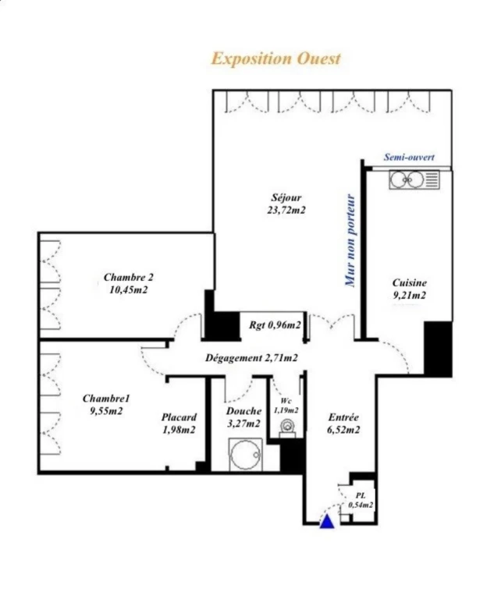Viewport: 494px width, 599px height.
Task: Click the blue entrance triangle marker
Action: (x=327, y=522)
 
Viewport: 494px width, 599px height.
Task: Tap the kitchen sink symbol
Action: (x=414, y=179)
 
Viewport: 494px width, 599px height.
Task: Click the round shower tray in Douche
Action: (x=245, y=454)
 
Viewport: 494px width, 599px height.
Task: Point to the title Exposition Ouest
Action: (x=275, y=58)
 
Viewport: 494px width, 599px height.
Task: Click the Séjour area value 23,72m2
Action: (x=286, y=210)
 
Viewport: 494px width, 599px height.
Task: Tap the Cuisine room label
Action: (x=409, y=282)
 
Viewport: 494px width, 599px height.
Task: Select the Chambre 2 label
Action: (x=129, y=277)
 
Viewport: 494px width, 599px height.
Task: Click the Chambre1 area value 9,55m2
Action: (x=106, y=411)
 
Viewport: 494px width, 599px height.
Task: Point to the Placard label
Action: (x=179, y=417)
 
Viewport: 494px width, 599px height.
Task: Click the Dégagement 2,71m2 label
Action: (x=251, y=358)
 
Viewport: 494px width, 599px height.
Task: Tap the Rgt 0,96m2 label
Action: (x=275, y=325)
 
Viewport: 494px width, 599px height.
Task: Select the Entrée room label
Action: (x=343, y=417)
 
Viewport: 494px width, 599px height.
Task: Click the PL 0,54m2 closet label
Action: (x=361, y=500)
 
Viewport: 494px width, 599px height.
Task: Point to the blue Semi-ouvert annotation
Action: (x=409, y=157)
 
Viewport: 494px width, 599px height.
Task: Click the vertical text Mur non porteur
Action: (x=350, y=240)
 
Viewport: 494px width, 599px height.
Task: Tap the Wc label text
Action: (x=286, y=401)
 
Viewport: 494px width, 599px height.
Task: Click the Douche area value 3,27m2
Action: (x=244, y=424)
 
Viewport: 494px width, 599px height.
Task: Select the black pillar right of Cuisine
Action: (x=438, y=349)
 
